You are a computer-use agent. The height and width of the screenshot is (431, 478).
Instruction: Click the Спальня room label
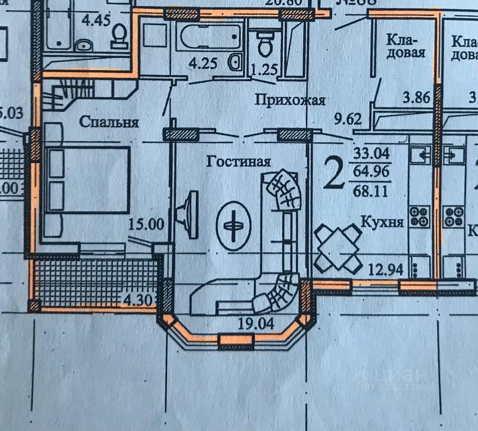(109, 122)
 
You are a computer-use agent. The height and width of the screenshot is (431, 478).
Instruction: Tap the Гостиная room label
(238, 161)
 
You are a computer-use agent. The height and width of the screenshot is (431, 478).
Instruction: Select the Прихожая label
(290, 100)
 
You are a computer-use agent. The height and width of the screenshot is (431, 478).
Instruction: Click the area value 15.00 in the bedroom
(146, 224)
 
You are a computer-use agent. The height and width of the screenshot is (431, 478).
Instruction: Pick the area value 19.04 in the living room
(256, 324)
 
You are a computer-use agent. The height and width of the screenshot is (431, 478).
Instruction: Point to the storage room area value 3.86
(417, 98)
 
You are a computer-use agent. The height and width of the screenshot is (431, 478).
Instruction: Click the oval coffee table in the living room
(233, 226)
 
